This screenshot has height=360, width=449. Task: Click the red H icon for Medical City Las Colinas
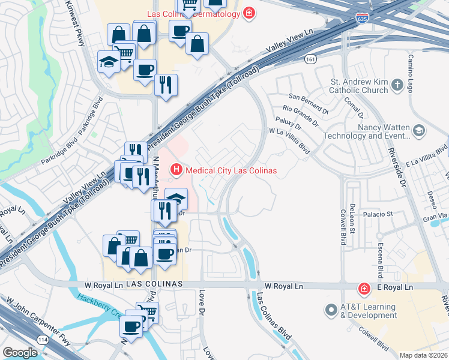tap(176, 170)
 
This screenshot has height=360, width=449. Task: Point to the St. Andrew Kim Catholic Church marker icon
tap(397, 86)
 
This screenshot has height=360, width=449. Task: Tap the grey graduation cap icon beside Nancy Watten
tap(418, 130)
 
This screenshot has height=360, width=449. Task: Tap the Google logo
tap(20, 353)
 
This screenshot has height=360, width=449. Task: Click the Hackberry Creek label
tap(98, 307)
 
